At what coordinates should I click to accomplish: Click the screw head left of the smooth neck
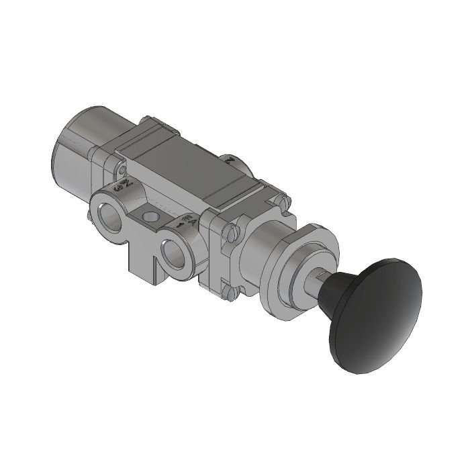pyautogui.click(x=232, y=233)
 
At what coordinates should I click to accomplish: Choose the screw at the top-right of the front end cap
pyautogui.click(x=286, y=199)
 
